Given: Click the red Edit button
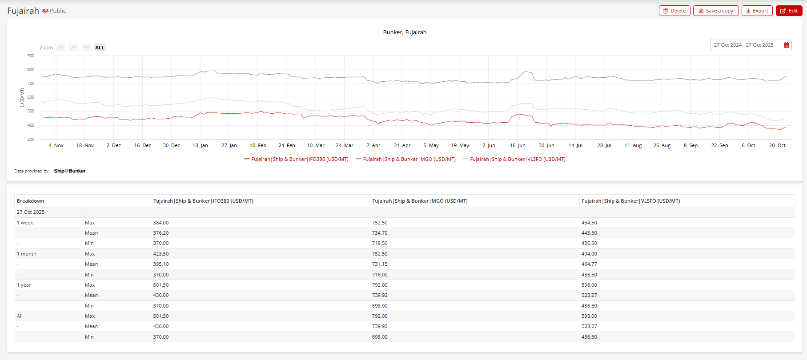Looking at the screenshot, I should pos(789,11).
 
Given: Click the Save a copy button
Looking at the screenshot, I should pos(715,11).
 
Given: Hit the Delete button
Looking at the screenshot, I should pos(674,11).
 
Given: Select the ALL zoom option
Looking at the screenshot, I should pos(100,48).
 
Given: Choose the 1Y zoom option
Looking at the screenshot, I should pos(60,48).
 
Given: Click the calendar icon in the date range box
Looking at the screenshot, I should pos(786,45).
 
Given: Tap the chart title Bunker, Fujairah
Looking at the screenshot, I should pos(405,32).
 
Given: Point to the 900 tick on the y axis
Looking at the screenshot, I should pos(31,56).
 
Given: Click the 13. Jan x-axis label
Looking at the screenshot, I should pos(200,145).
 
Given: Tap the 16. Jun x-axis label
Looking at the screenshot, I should pos(518,145).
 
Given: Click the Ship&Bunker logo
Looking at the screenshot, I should pos(70,171).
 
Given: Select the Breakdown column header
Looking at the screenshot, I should pos(31,201).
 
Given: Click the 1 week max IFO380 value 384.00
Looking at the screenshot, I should pos(161,223).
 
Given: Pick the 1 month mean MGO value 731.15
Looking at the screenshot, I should pos(380,264).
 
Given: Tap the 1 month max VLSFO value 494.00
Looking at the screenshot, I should pos(589,254).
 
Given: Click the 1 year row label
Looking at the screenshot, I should pos(24,285).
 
